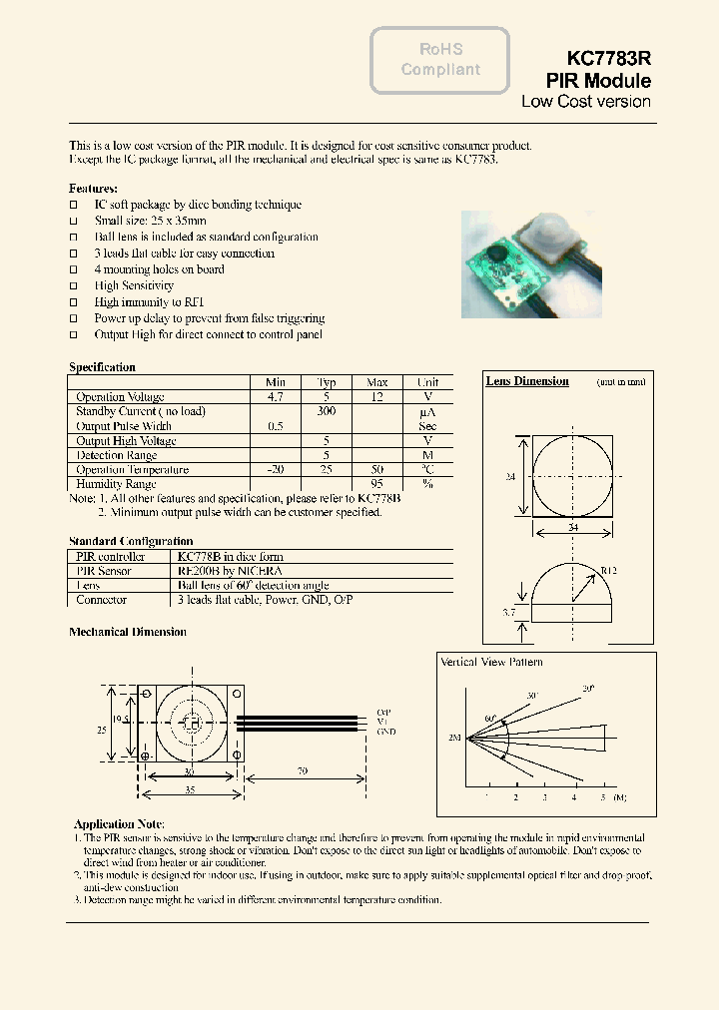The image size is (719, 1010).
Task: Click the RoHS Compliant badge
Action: click(x=440, y=60)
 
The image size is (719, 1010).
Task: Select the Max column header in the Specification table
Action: click(x=377, y=382)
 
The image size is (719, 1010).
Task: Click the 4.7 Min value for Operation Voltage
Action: click(x=276, y=397)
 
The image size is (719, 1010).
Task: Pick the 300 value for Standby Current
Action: click(x=327, y=411)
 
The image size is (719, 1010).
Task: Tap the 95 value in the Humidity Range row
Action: click(x=377, y=484)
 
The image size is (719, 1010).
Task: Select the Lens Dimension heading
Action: click(x=527, y=381)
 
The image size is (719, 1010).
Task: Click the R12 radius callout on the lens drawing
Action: click(x=607, y=572)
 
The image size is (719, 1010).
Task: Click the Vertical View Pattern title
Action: click(x=491, y=662)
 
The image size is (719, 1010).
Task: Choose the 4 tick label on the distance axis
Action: click(x=574, y=798)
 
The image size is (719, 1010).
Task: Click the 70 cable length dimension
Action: click(x=301, y=771)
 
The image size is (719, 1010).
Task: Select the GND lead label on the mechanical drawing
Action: click(x=386, y=732)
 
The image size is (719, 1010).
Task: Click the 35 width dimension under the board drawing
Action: click(x=190, y=787)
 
